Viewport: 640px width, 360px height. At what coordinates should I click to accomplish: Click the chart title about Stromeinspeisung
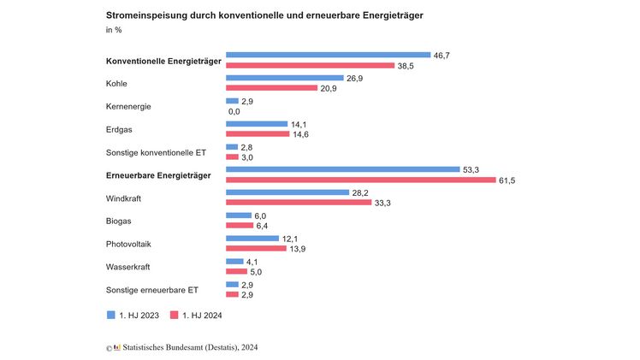[x=264, y=15]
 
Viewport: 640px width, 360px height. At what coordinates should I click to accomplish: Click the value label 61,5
[x=507, y=180]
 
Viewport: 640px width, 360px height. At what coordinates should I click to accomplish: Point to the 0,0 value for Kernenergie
[x=234, y=111]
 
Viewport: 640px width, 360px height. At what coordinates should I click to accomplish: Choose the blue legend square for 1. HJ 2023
[x=110, y=314]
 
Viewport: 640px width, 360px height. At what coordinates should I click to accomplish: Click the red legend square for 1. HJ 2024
[x=174, y=314]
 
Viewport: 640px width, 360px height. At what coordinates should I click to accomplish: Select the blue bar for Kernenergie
[x=231, y=101]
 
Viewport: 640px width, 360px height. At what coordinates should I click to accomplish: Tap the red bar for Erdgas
[x=257, y=134]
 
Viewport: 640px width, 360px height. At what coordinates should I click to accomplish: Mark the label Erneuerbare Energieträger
[x=158, y=175]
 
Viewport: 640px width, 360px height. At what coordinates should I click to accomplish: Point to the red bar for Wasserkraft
[x=236, y=272]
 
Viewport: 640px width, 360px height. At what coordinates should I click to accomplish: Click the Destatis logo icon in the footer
[x=117, y=348]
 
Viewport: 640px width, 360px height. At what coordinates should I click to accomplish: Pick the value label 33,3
[x=383, y=203]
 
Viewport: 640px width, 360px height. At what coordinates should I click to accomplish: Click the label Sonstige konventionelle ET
[x=156, y=152]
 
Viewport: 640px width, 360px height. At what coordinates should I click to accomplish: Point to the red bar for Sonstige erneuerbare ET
[x=231, y=295]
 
